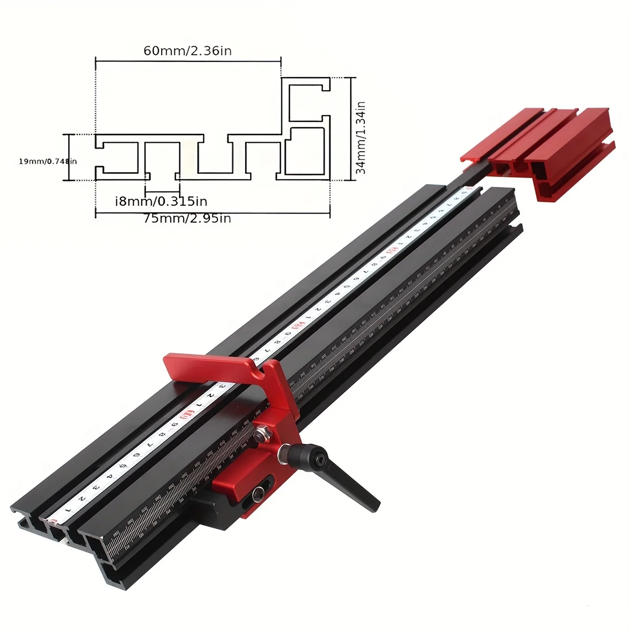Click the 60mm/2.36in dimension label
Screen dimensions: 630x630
pyautogui.click(x=187, y=51)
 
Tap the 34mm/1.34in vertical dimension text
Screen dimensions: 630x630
pyautogui.click(x=361, y=138)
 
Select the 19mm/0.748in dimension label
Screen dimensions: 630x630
pyautogui.click(x=47, y=161)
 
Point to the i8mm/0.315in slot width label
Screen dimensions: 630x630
pyautogui.click(x=161, y=201)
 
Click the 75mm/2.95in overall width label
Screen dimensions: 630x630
pyautogui.click(x=187, y=218)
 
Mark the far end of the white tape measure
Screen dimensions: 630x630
pyautogui.click(x=467, y=192)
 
